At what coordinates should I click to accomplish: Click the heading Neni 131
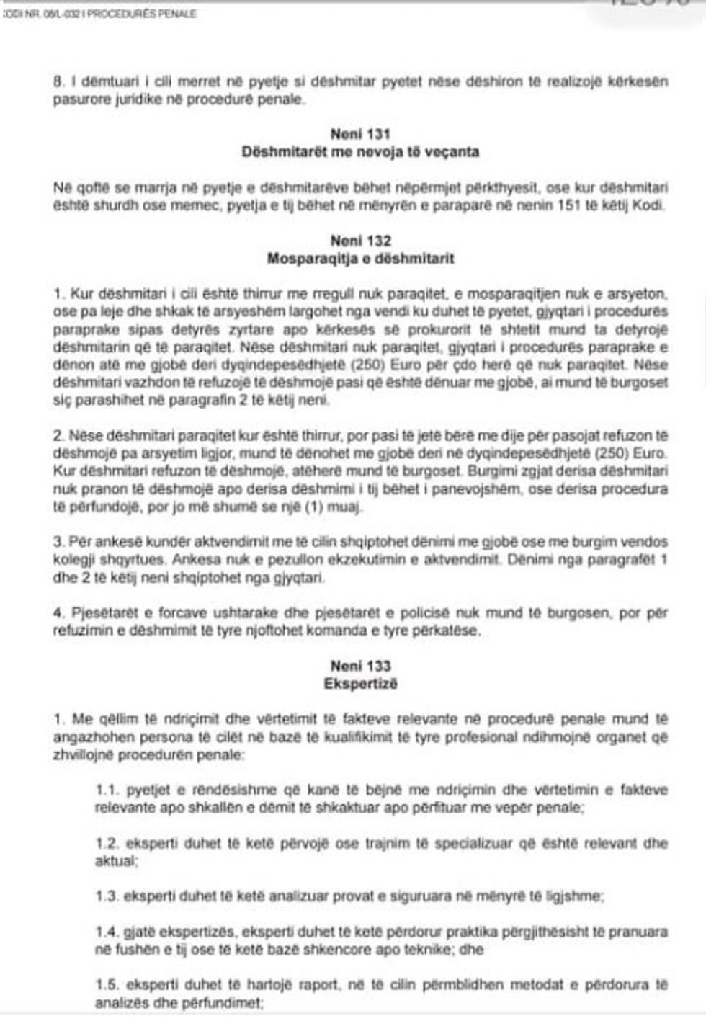point(360,134)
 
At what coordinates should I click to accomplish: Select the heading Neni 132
point(360,241)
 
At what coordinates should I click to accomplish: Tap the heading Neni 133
point(360,666)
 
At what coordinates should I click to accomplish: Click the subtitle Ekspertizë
point(360,683)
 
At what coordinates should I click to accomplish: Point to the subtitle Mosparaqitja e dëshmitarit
point(360,258)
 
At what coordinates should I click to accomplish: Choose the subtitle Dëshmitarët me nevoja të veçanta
point(360,152)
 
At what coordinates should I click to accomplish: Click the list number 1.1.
point(107,790)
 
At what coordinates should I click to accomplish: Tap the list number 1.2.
point(107,843)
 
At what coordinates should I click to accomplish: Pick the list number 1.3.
point(107,896)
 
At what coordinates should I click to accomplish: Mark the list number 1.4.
point(107,932)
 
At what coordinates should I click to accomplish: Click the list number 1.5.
point(107,985)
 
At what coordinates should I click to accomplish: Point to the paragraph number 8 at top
point(58,82)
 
